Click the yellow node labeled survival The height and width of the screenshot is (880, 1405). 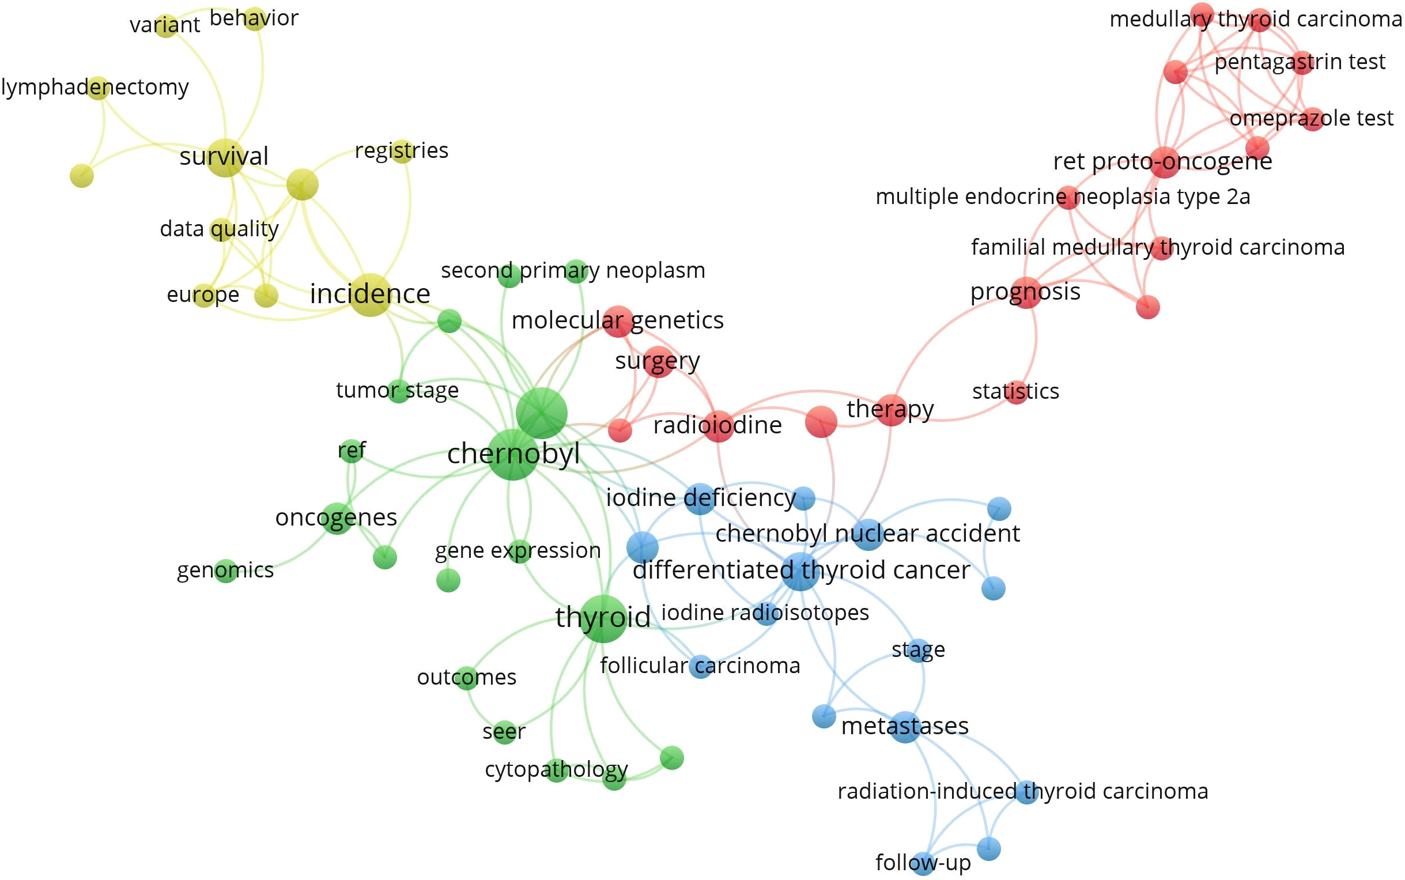coord(225,158)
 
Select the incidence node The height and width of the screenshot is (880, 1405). coord(371,294)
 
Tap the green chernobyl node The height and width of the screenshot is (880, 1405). coord(512,455)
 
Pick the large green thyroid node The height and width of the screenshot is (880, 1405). coord(602,618)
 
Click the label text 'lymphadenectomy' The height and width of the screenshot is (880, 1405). coord(95,87)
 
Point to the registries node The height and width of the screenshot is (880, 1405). coord(402,152)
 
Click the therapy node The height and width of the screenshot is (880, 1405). coord(891,410)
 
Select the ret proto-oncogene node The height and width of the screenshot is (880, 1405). coord(1164,162)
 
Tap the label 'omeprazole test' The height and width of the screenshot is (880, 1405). coord(1311,119)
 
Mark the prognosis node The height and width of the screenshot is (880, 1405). coord(1026,292)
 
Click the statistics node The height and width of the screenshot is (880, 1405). coord(1016,392)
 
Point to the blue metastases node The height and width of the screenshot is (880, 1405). coord(905,726)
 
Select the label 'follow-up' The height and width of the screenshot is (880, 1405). coord(923,863)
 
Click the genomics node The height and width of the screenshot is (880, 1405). coord(226,571)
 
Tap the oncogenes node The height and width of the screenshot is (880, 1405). coord(337,518)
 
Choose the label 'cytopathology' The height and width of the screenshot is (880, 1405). coord(557,770)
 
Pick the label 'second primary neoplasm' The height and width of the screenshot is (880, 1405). coord(573,271)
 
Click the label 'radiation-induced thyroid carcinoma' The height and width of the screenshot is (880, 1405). coord(1022,791)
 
